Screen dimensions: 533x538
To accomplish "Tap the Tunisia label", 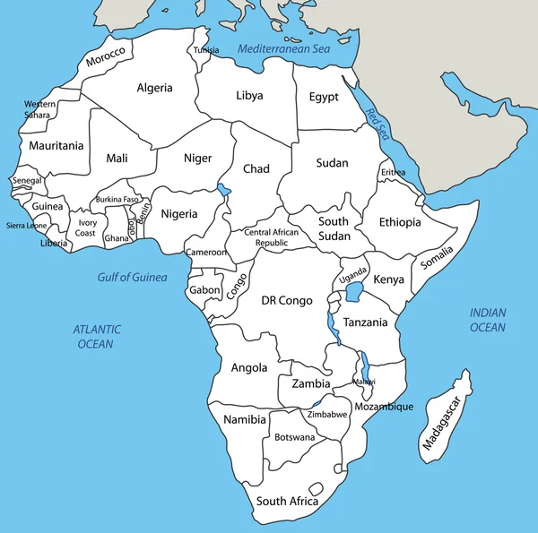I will pyautogui.click(x=206, y=50).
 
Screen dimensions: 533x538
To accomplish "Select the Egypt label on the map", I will pyautogui.click(x=323, y=97).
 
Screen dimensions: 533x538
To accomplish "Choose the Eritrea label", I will pyautogui.click(x=393, y=172).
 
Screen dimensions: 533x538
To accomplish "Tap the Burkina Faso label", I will pyautogui.click(x=117, y=199).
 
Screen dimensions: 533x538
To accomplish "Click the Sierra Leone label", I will pyautogui.click(x=27, y=226).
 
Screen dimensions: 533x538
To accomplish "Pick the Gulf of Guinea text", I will pyautogui.click(x=133, y=277).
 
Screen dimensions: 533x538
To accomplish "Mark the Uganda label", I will pyautogui.click(x=353, y=271).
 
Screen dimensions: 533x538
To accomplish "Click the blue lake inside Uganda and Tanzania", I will pyautogui.click(x=358, y=293).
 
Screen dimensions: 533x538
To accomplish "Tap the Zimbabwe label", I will pyautogui.click(x=327, y=415).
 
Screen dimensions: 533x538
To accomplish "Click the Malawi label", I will pyautogui.click(x=363, y=382).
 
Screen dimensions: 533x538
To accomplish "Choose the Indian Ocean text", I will pyautogui.click(x=488, y=320).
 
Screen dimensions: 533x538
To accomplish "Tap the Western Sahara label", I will pyautogui.click(x=38, y=109).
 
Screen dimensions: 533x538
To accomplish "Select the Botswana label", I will pyautogui.click(x=294, y=437).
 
